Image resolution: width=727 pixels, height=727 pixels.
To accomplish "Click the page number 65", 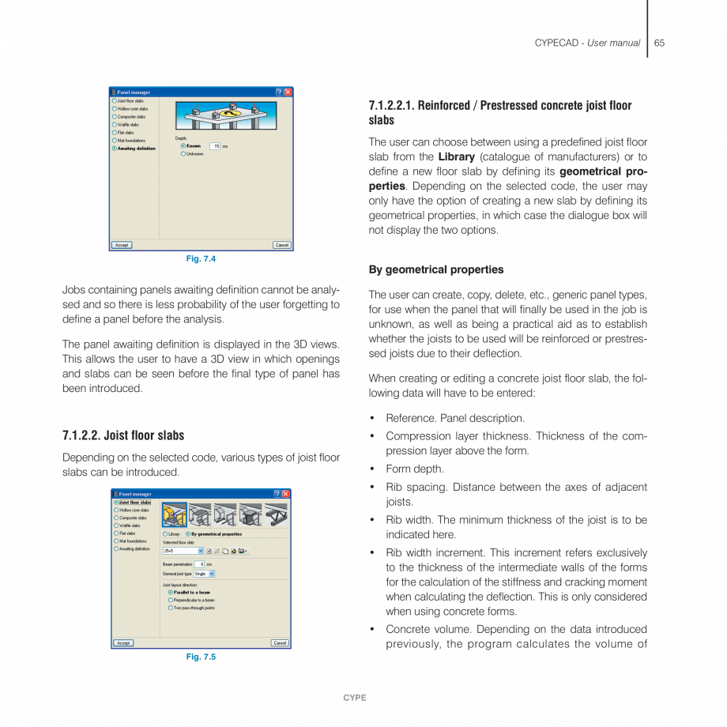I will (x=659, y=43).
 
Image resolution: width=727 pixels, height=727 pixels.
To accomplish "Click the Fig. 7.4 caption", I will (x=201, y=259).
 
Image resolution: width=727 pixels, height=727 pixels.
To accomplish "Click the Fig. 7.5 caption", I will (x=201, y=657).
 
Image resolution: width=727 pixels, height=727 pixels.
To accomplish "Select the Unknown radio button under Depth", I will (x=183, y=154).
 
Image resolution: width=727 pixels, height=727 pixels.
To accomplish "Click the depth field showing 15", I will (x=215, y=146).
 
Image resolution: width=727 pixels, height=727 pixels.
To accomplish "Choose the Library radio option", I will (x=165, y=533).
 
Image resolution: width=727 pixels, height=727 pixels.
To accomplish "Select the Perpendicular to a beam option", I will (x=171, y=600).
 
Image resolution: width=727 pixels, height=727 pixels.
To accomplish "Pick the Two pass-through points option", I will (x=171, y=608).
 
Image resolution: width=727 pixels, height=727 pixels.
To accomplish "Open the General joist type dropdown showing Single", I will (x=205, y=574).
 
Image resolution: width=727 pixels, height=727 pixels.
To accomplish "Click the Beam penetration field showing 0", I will (x=200, y=564).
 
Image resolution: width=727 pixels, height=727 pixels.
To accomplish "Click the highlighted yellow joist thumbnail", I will (x=175, y=514).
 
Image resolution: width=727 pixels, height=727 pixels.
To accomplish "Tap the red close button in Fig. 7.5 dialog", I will (x=286, y=494).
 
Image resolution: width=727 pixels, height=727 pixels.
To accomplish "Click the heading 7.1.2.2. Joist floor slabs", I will (x=123, y=435).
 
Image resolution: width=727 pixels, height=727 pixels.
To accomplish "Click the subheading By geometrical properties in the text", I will (x=436, y=269).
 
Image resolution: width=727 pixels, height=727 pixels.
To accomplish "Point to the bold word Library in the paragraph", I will (x=456, y=157).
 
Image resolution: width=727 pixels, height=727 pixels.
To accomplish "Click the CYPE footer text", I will (x=355, y=698).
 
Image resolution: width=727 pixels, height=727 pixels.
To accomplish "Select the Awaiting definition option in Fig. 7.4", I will (x=115, y=148).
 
